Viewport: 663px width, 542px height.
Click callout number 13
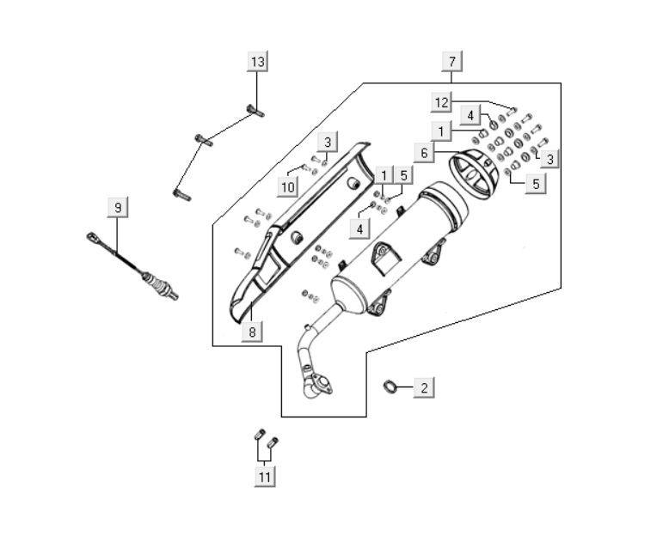pyautogui.click(x=258, y=61)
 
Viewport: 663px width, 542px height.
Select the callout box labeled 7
pyautogui.click(x=452, y=61)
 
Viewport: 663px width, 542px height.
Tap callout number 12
pyautogui.click(x=441, y=102)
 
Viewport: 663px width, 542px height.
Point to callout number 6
pyautogui.click(x=424, y=152)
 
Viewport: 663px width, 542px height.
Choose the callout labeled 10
pyautogui.click(x=288, y=186)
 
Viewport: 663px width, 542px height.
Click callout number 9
pyautogui.click(x=118, y=207)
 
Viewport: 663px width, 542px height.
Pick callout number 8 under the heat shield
pyautogui.click(x=251, y=331)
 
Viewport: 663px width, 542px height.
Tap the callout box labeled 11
pyautogui.click(x=265, y=476)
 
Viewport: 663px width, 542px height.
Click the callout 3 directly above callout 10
pyautogui.click(x=327, y=142)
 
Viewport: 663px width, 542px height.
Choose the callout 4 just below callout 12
pyautogui.click(x=470, y=115)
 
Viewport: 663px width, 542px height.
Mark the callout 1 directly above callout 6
pyautogui.click(x=441, y=131)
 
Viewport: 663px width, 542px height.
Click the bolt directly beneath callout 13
pyautogui.click(x=255, y=109)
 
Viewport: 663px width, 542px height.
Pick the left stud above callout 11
pyautogui.click(x=259, y=435)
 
